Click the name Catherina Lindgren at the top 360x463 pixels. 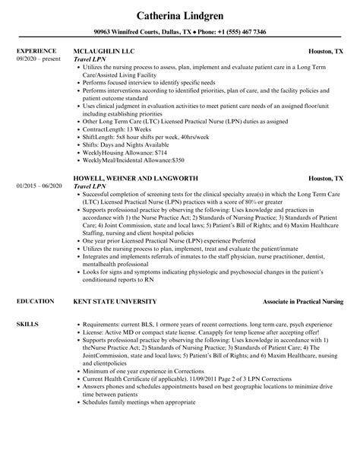tap(180, 14)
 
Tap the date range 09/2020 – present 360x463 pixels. tap(38, 59)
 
